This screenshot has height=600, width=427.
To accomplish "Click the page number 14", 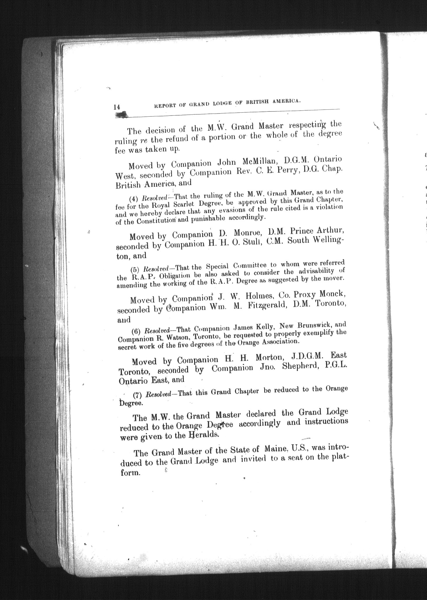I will click(117, 107).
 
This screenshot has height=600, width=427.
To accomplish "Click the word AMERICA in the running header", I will click(286, 101).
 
